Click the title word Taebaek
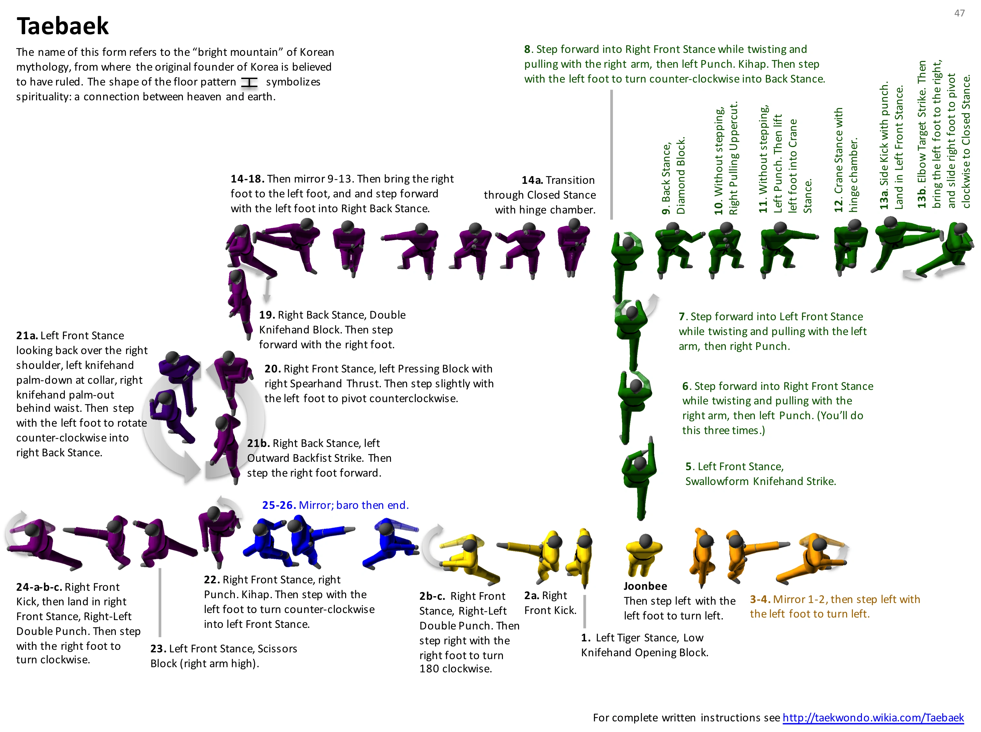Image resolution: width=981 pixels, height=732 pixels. tap(63, 26)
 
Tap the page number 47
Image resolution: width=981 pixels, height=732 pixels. tap(959, 13)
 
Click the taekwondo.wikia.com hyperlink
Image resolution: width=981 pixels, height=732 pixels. tap(873, 717)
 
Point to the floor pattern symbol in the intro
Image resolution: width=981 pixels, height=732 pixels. tap(249, 83)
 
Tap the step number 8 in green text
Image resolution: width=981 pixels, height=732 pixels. tap(527, 49)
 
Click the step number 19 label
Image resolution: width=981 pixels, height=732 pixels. tap(266, 315)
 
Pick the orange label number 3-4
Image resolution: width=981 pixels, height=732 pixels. tap(759, 599)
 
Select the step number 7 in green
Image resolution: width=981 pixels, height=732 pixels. tap(682, 317)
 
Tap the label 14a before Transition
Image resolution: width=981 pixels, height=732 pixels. tap(532, 180)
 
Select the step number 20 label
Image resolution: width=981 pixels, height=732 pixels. tap(272, 369)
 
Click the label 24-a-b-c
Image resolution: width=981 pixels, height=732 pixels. tap(39, 587)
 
